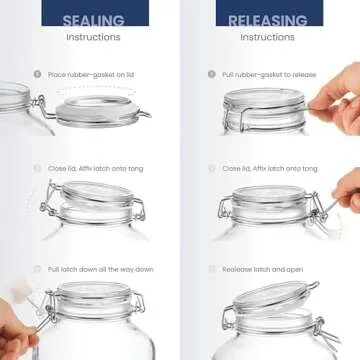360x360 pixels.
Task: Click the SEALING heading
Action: pos(93,19)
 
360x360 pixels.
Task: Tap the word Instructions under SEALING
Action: pos(93,37)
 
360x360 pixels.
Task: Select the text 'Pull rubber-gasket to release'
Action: pos(267,74)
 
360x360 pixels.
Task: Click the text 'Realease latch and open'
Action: pos(261,270)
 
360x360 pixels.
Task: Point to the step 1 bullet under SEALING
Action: pos(37,74)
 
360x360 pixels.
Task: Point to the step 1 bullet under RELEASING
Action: pos(211,74)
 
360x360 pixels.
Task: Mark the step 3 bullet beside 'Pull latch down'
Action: pos(37,270)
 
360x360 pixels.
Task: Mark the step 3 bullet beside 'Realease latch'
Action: pos(211,270)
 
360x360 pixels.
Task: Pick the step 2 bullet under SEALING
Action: pos(37,168)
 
